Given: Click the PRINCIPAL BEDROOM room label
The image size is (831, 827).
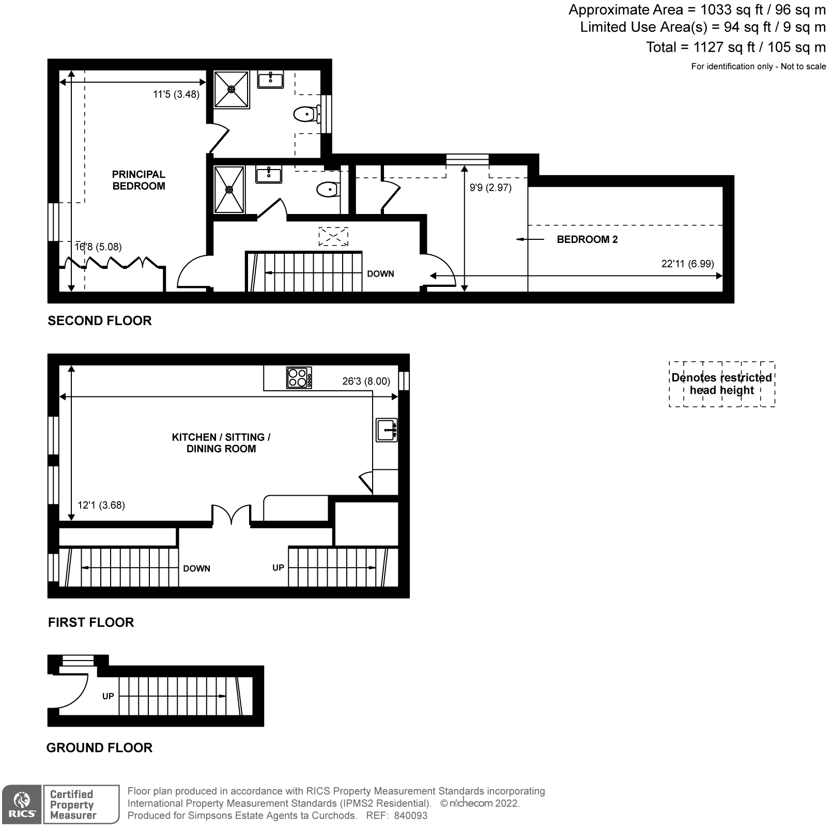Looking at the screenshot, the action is [x=138, y=180].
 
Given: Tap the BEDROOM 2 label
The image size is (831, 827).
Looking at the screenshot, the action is [x=587, y=239].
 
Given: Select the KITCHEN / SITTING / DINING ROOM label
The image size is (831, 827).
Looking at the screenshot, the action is [x=221, y=443].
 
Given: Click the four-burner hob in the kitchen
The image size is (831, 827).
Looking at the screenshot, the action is [x=299, y=377].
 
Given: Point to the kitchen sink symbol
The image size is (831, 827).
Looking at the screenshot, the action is [x=387, y=430].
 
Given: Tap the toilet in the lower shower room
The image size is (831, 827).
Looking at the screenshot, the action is [x=328, y=190].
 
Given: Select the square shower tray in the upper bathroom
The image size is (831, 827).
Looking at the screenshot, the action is [x=232, y=89].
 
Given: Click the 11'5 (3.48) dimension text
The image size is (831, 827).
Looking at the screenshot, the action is [x=176, y=94].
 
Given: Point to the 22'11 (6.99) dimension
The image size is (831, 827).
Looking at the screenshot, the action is [x=687, y=264].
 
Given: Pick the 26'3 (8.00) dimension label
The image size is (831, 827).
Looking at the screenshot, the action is [x=366, y=381].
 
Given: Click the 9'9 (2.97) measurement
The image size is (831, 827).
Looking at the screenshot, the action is [x=490, y=187].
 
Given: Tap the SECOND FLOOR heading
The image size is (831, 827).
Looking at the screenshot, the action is [x=100, y=320].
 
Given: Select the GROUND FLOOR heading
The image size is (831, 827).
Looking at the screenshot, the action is [x=99, y=747].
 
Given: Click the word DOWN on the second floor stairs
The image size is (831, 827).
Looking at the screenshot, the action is [x=380, y=273].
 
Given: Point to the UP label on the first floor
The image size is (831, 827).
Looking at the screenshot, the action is [x=278, y=568].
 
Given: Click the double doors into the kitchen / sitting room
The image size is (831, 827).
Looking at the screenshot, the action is [x=231, y=514].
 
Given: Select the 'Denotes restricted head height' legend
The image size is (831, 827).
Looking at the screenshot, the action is [x=722, y=384].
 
